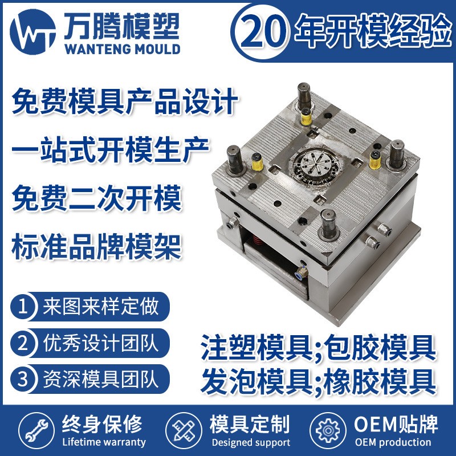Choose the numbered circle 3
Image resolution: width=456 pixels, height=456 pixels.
(23, 378)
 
